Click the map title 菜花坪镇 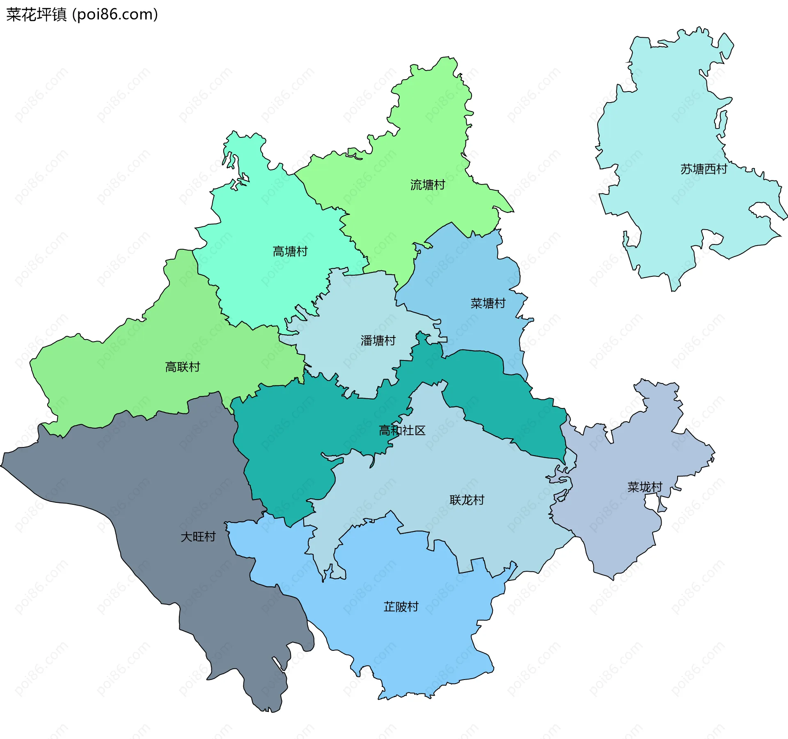click(x=36, y=15)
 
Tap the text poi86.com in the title click(x=115, y=15)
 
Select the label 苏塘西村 click(x=703, y=169)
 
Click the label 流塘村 click(x=428, y=185)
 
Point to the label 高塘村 click(x=290, y=251)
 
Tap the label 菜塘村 click(x=488, y=303)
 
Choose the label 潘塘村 click(x=378, y=340)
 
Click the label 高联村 click(x=182, y=367)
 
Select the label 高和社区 click(x=402, y=431)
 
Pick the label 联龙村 click(x=467, y=500)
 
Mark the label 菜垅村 click(x=645, y=487)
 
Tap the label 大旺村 click(x=198, y=537)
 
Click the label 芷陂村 click(x=401, y=607)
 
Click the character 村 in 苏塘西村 click(x=722, y=169)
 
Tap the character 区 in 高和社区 click(x=420, y=431)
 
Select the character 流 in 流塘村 click(x=416, y=185)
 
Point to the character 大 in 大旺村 click(x=186, y=537)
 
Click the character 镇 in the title click(x=60, y=15)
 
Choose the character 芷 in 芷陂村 click(x=389, y=607)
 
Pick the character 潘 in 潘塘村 click(x=366, y=340)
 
